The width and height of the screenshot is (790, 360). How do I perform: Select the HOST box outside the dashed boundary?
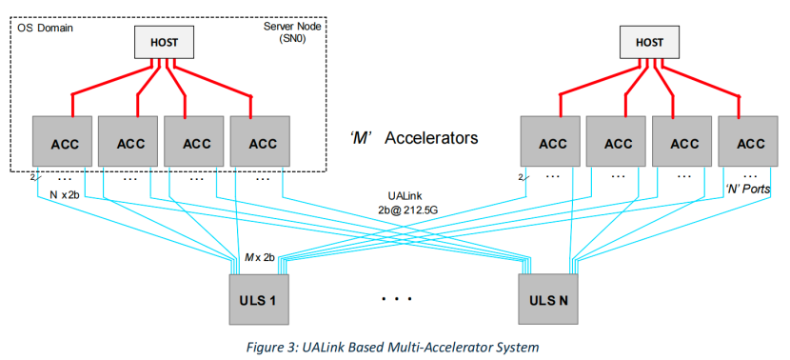650,41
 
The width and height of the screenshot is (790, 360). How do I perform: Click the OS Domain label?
46,28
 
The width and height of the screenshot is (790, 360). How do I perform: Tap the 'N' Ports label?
746,190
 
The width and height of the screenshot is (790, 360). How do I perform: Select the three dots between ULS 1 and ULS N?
396,299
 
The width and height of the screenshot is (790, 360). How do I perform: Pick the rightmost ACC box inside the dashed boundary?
260,143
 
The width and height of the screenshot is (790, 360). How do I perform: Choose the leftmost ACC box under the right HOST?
552,143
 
